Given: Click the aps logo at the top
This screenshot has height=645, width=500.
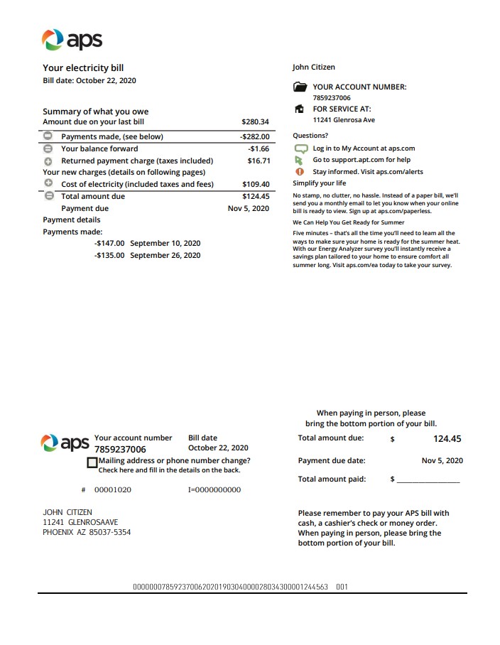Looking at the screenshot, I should pos(72,40).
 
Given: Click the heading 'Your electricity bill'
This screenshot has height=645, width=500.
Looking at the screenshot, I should pos(83,68).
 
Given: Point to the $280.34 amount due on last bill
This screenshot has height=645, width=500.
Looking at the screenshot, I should pos(255,122).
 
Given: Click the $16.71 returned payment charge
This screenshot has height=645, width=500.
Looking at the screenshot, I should pos(258,161).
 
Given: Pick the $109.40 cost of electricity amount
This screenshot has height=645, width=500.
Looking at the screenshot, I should pos(256,184).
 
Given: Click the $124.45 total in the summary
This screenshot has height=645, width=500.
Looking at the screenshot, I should pos(256,196).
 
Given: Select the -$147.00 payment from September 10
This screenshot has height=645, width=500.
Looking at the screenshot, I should pos(109,243).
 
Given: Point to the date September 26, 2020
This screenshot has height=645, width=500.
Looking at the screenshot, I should pos(165,255).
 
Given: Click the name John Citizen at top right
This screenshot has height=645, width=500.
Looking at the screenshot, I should pos(313,67).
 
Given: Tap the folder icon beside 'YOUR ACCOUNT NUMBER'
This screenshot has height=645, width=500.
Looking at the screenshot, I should pos(300,87).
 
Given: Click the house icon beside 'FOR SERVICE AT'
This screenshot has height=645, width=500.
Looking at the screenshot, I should pos(300,109).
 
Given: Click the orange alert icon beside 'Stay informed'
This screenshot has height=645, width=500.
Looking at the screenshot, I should pos(299,171).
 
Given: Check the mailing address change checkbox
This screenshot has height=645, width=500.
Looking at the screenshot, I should pos(92,462).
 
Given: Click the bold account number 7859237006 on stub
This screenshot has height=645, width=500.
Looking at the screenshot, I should pos(120,450).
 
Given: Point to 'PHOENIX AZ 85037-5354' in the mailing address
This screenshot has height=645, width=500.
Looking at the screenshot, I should pos(87,532).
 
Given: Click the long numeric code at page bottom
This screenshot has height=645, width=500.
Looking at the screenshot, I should pos(230,587).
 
